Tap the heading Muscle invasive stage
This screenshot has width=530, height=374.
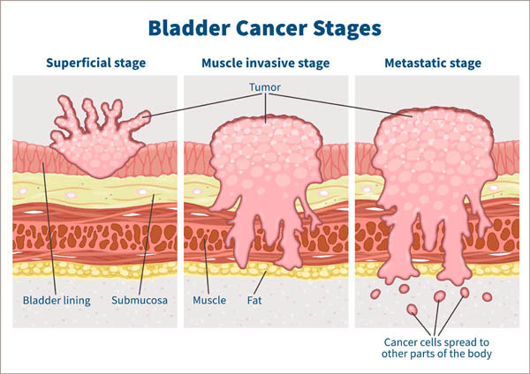pyautogui.click(x=266, y=64)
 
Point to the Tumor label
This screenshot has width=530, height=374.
pyautogui.click(x=266, y=89)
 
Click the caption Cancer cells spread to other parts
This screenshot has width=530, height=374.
pyautogui.click(x=436, y=348)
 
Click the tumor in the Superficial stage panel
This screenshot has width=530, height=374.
pyautogui.click(x=93, y=141)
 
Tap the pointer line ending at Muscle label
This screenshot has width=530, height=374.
pyautogui.click(x=207, y=265)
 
